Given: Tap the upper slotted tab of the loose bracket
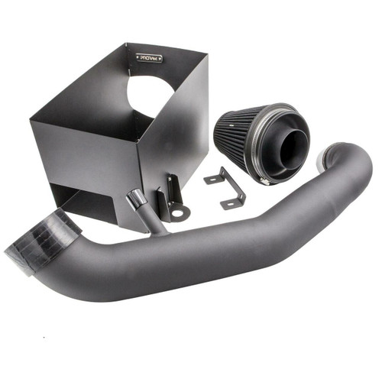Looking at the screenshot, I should click(215, 179).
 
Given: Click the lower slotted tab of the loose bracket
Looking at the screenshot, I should click(232, 203).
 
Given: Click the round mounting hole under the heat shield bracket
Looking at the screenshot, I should click(177, 213).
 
